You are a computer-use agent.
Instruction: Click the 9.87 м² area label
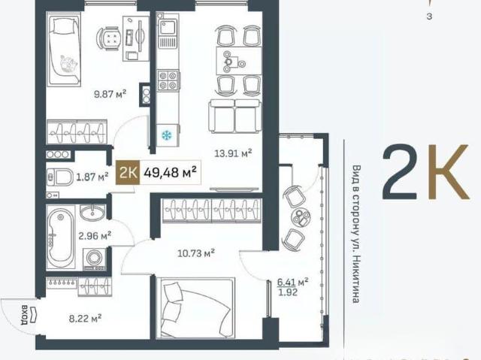tap(110, 94)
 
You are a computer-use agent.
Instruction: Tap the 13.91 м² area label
tap(233, 153)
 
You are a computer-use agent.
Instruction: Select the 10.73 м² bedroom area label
tap(196, 253)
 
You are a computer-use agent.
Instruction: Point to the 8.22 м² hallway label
tap(85, 319)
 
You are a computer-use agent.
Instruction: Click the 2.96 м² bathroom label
tap(95, 236)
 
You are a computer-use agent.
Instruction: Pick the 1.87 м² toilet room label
tap(92, 177)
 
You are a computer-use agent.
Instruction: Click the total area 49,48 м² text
tap(170, 173)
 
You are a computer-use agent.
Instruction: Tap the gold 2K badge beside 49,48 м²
tap(128, 173)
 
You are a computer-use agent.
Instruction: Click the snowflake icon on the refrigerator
tap(167, 135)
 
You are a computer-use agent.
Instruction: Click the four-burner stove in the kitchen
tap(168, 80)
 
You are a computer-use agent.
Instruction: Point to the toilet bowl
tap(60, 177)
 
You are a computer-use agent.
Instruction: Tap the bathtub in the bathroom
tap(61, 237)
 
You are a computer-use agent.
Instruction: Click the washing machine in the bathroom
tap(95, 259)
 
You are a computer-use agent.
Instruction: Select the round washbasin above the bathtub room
tap(92, 212)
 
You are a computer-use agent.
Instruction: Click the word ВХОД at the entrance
tap(24, 315)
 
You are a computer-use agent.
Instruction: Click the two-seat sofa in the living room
tap(235, 116)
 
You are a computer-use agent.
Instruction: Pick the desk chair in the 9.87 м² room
tap(108, 38)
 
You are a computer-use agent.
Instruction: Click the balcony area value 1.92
tap(287, 292)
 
